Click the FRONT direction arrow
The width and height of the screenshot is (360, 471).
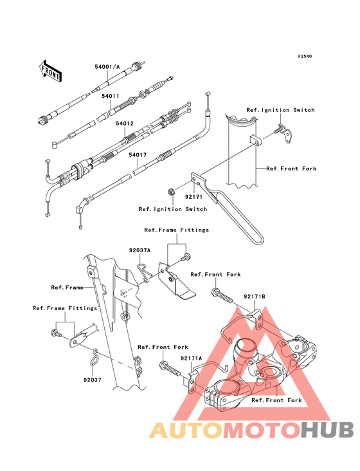[x=50, y=71]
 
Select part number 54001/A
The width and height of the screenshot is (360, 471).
[x=107, y=67]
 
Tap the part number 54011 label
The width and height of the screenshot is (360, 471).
[x=110, y=96]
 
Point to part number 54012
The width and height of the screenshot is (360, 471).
[x=125, y=124]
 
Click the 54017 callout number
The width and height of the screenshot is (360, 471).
[x=138, y=154]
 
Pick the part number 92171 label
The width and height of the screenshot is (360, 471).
[x=194, y=197]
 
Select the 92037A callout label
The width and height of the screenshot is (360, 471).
[x=139, y=250]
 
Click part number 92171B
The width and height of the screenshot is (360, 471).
[x=255, y=297]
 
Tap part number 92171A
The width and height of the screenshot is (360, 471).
[x=192, y=358]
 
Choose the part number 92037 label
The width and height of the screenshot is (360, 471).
[x=93, y=380]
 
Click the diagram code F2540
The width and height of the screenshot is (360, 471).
[x=305, y=56]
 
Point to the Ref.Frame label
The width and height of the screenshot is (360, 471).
[x=67, y=288]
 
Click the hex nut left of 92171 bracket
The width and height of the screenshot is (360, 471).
[x=171, y=191]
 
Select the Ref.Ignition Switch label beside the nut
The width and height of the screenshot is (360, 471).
[x=173, y=209]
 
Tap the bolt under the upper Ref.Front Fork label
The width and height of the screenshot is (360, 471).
[x=222, y=295]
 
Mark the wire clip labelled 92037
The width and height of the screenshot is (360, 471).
[x=94, y=357]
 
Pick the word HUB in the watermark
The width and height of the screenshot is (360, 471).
[x=328, y=430]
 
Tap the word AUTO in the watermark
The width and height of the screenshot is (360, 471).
[x=186, y=430]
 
